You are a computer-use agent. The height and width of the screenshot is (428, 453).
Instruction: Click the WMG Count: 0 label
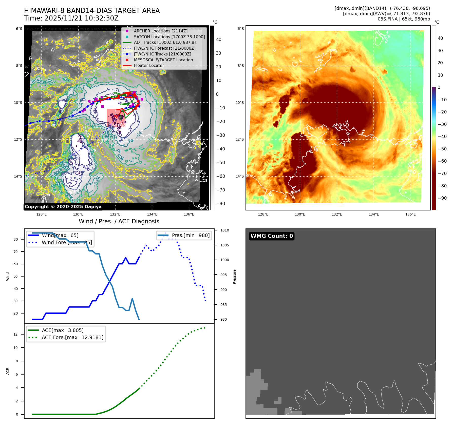coord(272,236)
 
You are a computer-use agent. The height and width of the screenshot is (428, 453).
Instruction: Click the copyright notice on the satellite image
coord(63,207)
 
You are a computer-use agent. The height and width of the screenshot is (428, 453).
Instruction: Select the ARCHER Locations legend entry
coord(161,31)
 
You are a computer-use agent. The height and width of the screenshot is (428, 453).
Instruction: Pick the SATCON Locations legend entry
coord(169,37)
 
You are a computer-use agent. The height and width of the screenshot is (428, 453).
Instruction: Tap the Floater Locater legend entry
coord(149,65)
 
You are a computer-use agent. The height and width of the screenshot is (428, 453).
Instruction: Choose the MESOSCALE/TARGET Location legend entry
coord(163,60)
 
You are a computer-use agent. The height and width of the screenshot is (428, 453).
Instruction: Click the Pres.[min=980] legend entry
coord(191,235)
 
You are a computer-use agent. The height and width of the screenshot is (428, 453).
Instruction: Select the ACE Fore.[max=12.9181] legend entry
coord(72,337)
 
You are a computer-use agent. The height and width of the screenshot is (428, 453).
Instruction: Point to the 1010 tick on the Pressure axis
coord(224,230)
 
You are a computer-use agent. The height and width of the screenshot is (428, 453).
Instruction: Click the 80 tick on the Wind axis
coord(16,239)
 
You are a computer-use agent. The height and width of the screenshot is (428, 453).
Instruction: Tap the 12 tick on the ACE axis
coord(16,334)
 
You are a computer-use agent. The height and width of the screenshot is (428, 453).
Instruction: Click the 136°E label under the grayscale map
coord(189,214)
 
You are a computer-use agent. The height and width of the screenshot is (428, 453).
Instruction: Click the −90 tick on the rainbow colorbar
coord(442,198)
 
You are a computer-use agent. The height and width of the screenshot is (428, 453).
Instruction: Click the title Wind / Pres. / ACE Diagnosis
coord(119,221)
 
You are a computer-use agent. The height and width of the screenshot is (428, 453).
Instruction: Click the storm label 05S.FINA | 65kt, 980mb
coord(404,19)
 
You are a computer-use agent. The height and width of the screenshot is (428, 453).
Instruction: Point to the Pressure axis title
coord(234,277)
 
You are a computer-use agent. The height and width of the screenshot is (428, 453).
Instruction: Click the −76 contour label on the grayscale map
coord(116,90)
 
